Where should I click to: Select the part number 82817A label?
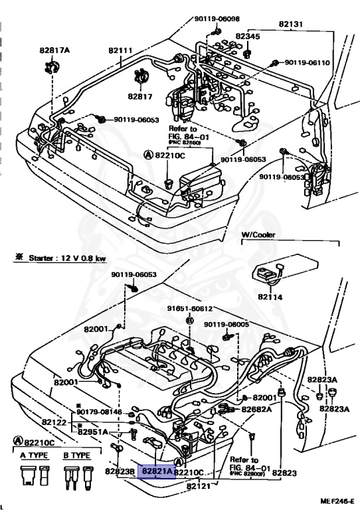54,50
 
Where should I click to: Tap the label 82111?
121,50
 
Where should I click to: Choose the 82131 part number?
290,25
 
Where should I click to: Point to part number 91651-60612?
189,308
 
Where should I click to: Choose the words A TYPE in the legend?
31,456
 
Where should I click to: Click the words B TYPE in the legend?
76,456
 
